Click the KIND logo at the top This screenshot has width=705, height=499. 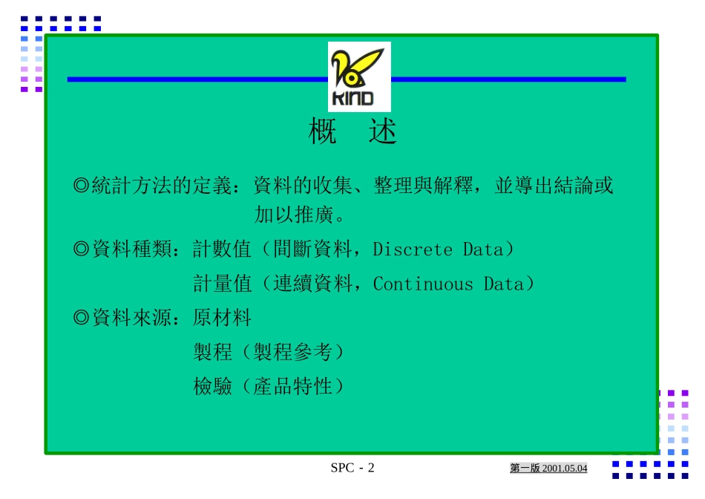coord(359,76)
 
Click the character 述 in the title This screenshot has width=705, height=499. coord(382,131)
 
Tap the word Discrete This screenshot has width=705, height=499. coord(413,249)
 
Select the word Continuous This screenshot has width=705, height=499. coord(423,284)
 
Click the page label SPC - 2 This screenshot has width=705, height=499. coord(352,468)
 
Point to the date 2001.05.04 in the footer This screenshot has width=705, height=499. coord(565,469)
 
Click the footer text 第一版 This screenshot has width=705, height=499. coord(525,469)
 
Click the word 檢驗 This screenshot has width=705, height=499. coord(213,386)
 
